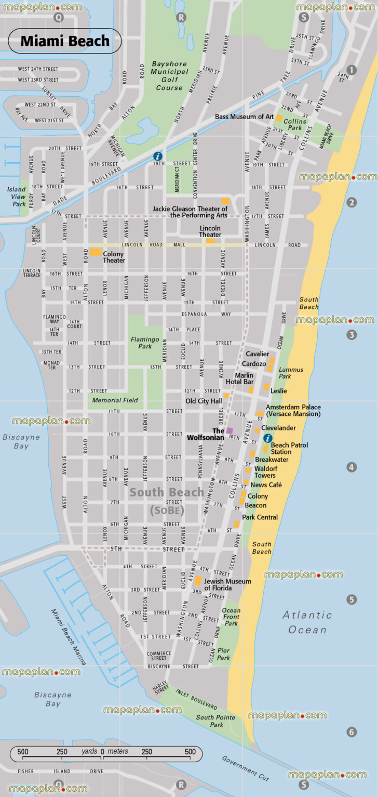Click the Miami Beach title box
click(x=65, y=41)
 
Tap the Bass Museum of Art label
click(x=244, y=117)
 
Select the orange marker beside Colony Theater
click(x=96, y=252)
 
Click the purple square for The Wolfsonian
click(x=230, y=430)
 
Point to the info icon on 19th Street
click(x=157, y=156)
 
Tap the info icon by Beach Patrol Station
click(x=268, y=438)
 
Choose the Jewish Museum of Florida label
click(x=227, y=584)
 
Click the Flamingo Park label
click(x=145, y=343)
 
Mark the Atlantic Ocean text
click(x=307, y=622)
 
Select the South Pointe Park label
click(x=215, y=721)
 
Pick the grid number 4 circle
click(x=352, y=467)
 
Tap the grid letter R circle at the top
click(x=181, y=18)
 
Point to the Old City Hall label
click(x=204, y=401)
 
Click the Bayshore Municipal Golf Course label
click(x=170, y=76)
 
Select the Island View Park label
click(x=16, y=197)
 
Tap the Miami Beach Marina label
click(x=69, y=637)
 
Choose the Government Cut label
click(x=246, y=768)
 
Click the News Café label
click(x=266, y=485)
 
